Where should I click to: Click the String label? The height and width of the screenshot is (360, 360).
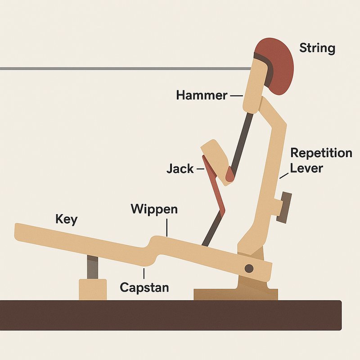tap(317, 48)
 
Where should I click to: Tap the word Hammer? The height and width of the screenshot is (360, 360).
tap(202, 95)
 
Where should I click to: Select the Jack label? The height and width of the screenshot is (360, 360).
tap(180, 169)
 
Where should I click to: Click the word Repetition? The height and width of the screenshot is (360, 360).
tap(321, 153)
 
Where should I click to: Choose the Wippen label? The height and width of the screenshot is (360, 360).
tap(154, 209)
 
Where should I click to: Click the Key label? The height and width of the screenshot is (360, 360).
tap(66, 220)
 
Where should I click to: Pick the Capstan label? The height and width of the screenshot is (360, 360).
tap(144, 287)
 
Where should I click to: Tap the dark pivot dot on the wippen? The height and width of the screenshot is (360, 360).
tap(248, 269)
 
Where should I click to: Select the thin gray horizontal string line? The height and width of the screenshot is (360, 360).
tap(112, 68)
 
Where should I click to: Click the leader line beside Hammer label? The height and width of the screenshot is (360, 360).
tap(236, 95)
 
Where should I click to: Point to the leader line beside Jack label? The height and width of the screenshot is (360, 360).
tap(200, 170)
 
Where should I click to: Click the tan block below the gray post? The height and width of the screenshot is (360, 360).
tap(93, 289)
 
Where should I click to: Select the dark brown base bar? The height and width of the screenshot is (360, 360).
tap(171, 315)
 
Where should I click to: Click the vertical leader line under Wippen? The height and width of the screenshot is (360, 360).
tap(167, 227)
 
